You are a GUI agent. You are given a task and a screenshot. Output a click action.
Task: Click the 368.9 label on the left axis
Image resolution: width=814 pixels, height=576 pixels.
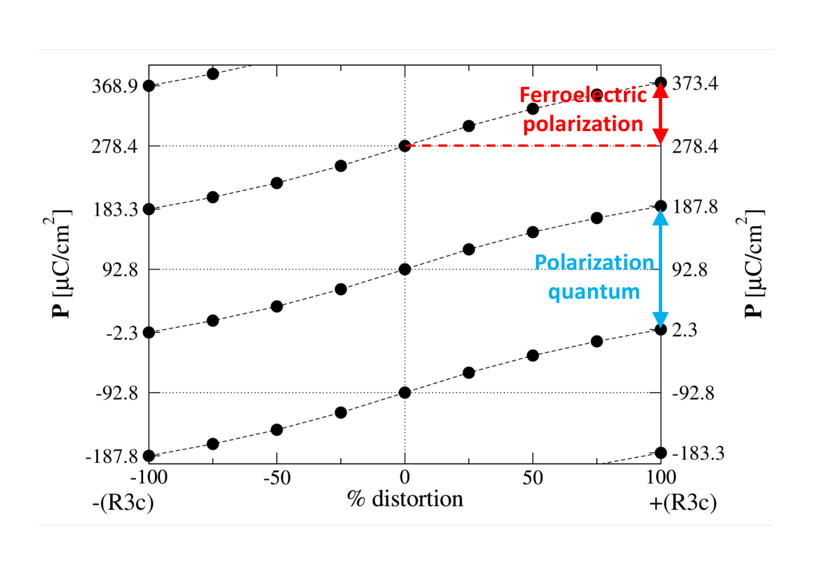[115, 86]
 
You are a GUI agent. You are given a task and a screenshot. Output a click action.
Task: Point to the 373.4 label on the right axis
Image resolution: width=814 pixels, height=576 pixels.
[695, 84]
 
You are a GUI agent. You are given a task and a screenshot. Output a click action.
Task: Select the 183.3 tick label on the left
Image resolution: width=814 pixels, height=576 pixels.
[116, 210]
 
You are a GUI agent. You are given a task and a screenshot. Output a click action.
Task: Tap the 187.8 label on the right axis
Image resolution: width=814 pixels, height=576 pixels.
[695, 207]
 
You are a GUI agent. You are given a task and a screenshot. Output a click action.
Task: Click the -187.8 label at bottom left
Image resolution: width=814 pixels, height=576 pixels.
[111, 457]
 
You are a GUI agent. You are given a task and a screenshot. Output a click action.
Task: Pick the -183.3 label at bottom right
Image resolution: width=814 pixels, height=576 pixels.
[698, 453]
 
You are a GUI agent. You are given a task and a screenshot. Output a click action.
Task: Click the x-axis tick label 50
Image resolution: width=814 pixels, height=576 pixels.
[533, 477]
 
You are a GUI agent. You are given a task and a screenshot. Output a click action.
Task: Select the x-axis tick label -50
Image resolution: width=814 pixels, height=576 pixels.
[277, 477]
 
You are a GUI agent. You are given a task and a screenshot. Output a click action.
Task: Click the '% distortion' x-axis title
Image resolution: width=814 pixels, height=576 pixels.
[405, 498]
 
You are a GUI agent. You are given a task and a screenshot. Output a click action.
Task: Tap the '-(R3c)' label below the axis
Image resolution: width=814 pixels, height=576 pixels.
[123, 503]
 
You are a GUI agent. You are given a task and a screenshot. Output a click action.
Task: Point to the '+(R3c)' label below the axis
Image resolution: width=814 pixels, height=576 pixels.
[683, 503]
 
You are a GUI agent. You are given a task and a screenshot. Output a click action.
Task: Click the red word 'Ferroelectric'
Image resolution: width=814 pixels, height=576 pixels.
[583, 95]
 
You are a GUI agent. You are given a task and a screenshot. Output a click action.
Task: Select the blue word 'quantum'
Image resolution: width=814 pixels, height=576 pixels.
[594, 292]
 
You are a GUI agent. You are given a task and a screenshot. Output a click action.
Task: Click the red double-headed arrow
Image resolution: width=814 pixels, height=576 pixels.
[660, 114]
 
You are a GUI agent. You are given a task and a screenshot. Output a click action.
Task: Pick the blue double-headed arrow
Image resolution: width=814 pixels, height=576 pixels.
[660, 269]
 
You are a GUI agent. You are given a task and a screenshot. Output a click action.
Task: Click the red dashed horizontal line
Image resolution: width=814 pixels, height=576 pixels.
[533, 146]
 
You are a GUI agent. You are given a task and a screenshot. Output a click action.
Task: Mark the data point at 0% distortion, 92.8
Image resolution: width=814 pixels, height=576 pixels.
[405, 270]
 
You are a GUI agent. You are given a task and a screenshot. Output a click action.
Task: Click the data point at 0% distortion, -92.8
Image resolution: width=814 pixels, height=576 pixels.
[405, 393]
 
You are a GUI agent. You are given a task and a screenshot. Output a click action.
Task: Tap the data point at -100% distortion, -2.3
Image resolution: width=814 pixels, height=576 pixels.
[149, 333]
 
